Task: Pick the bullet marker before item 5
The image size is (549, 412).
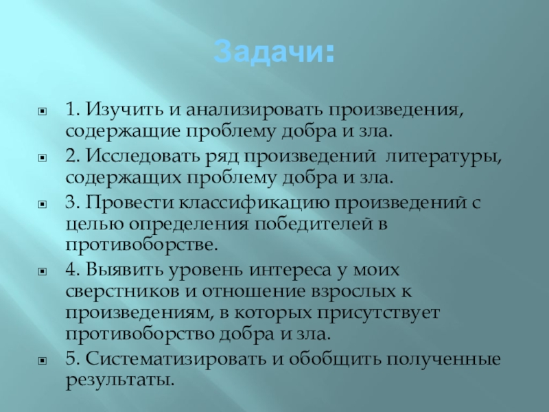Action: (x=43, y=360)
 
